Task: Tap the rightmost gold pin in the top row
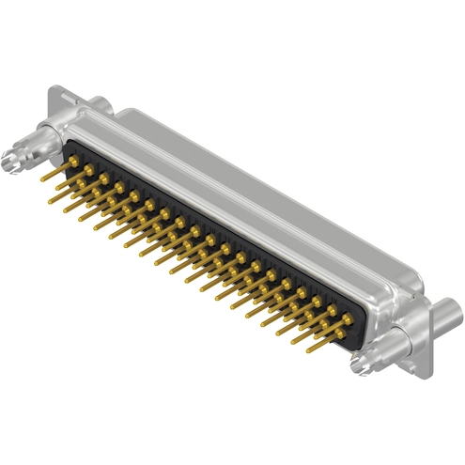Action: pyautogui.click(x=348, y=320)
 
